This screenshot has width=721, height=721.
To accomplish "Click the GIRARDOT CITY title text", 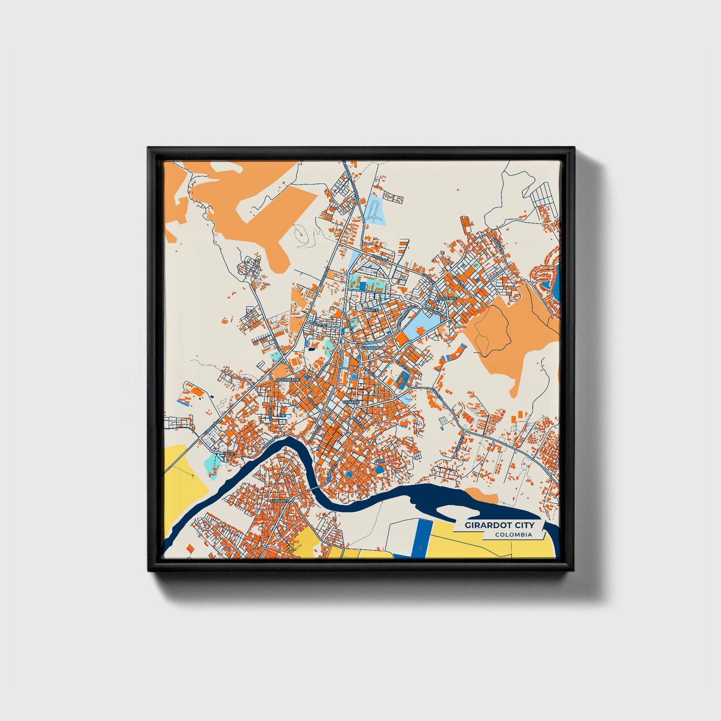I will [x=499, y=525].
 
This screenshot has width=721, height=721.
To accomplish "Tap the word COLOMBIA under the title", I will [x=513, y=535].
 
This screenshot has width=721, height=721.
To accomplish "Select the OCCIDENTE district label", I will [x=288, y=380].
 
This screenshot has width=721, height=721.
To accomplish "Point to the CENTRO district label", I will [x=351, y=402].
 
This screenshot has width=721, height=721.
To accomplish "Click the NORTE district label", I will [x=372, y=309].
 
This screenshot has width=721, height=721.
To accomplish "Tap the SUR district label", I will [x=380, y=462].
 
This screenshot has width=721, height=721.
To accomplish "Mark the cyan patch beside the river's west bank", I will [x=214, y=464].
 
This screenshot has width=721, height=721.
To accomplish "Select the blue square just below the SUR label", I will [x=380, y=470].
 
